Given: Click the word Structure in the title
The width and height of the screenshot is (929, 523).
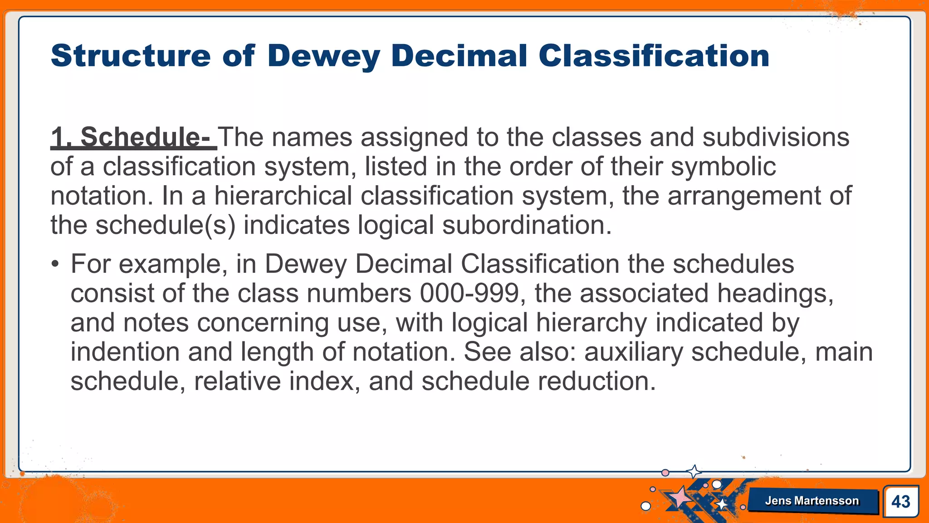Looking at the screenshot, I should [131, 56].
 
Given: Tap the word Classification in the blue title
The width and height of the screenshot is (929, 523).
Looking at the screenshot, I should [654, 56].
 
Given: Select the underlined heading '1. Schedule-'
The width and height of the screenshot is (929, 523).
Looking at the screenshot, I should [133, 137].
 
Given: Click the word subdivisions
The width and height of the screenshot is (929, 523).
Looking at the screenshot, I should [776, 137].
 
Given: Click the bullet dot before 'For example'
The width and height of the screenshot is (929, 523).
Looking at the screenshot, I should [55, 264].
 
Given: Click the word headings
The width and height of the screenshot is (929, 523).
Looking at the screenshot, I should [775, 293].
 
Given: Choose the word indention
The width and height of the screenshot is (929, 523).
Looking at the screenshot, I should [125, 352].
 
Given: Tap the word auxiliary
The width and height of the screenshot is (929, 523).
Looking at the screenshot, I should [633, 352].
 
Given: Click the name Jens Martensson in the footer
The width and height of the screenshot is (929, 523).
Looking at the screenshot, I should [812, 501].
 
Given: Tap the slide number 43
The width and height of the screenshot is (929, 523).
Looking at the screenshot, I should [900, 502].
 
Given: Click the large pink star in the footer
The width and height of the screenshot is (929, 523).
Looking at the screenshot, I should [680, 497].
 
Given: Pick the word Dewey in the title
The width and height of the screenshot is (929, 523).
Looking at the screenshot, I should [323, 56].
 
